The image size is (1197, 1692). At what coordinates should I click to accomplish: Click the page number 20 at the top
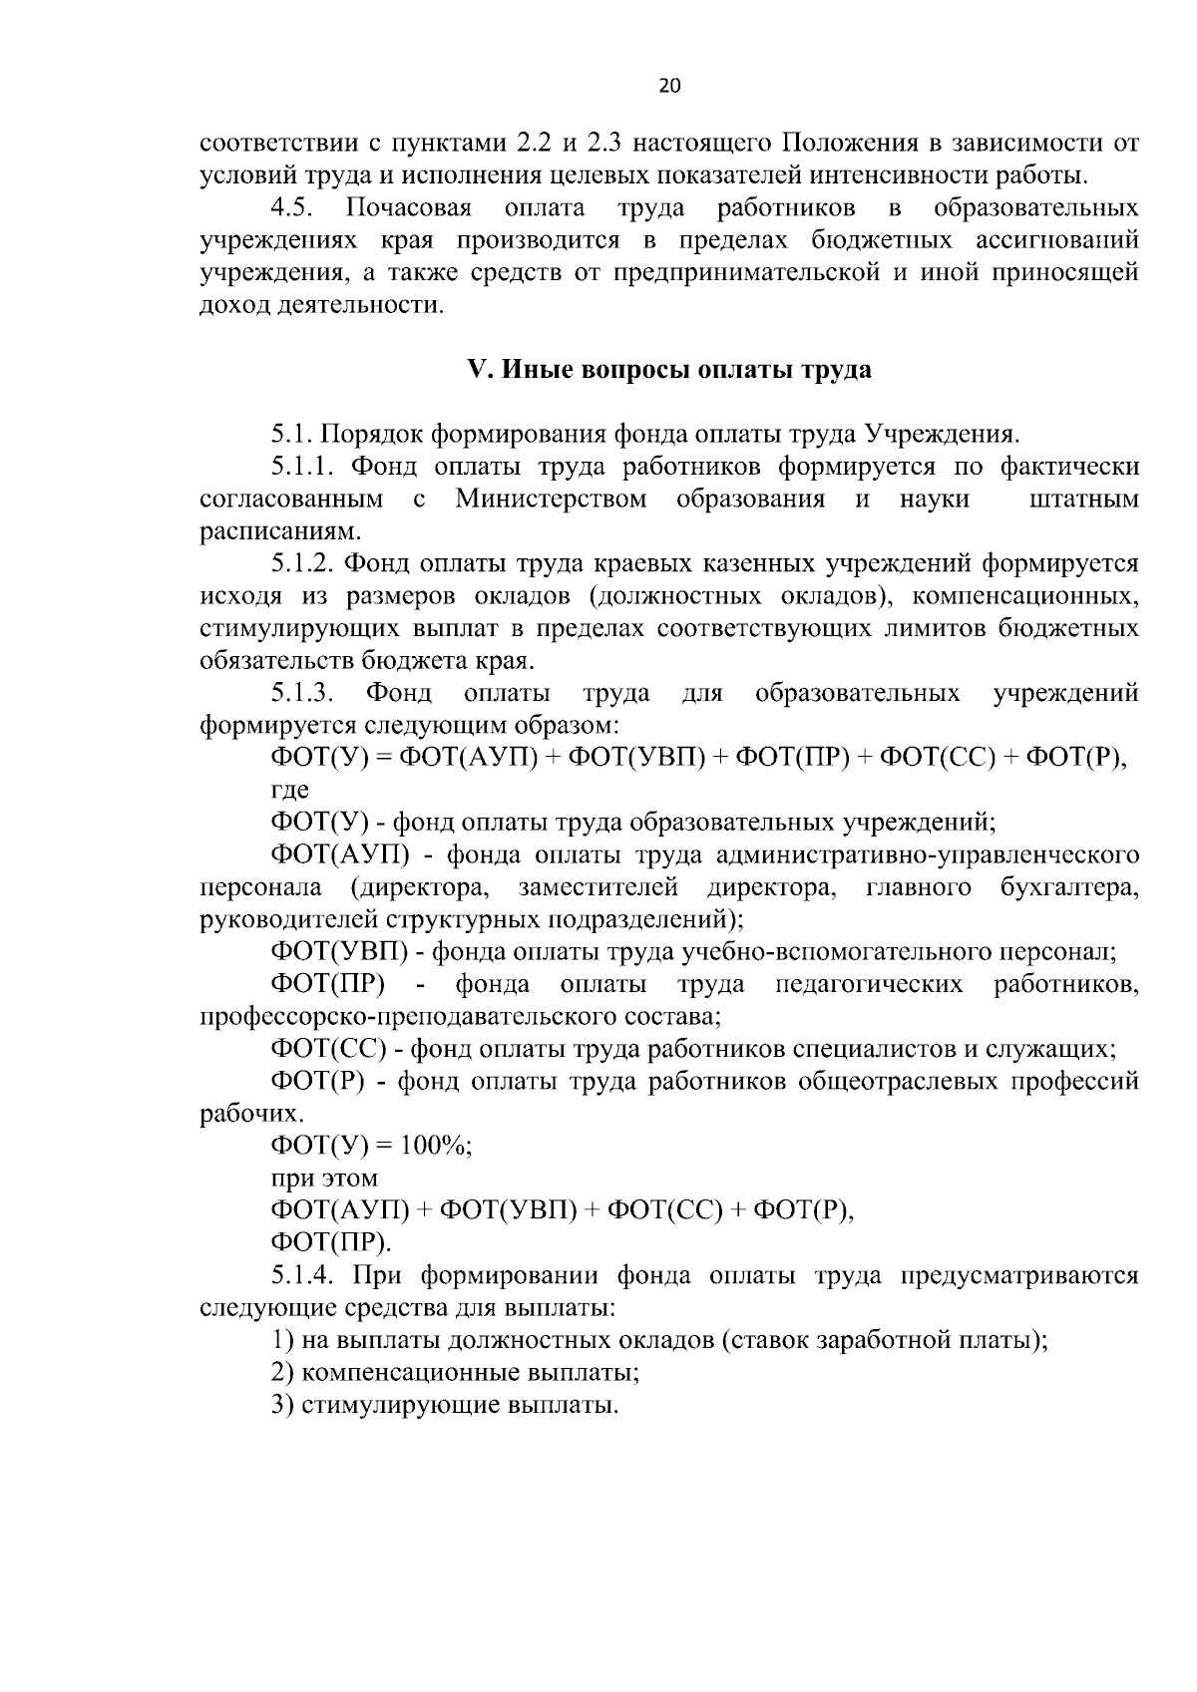tap(669, 87)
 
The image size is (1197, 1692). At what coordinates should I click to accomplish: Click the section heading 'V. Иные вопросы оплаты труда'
tap(669, 370)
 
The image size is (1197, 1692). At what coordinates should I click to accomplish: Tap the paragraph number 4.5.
tap(293, 208)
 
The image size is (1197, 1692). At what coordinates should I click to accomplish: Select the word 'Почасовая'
tap(409, 208)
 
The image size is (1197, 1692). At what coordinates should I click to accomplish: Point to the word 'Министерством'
tap(551, 499)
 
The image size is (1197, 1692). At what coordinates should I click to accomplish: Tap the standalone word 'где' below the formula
tap(289, 790)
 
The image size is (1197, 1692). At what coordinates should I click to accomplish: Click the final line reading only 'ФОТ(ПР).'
tap(331, 1243)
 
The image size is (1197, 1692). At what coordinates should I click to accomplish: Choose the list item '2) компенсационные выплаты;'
tap(455, 1373)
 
